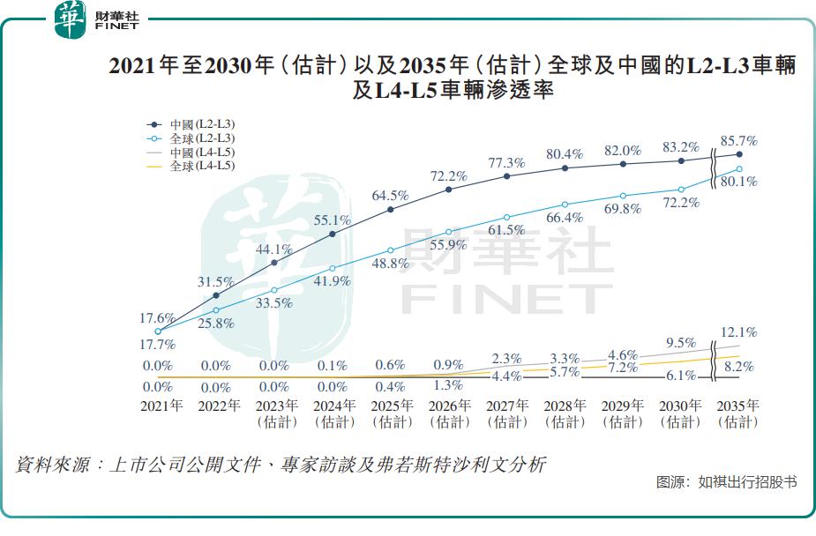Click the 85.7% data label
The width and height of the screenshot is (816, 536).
pos(739,140)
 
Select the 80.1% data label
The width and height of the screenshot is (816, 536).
pos(739,182)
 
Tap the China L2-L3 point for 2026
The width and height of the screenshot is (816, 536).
pos(449,190)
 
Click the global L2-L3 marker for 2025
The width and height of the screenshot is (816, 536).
pos(391,250)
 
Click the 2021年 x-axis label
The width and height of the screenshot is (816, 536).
pos(161,406)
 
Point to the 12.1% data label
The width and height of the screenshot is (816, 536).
pos(739,332)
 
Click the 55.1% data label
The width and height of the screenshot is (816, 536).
pos(333,220)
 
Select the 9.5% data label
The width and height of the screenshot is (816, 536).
pos(681,343)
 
